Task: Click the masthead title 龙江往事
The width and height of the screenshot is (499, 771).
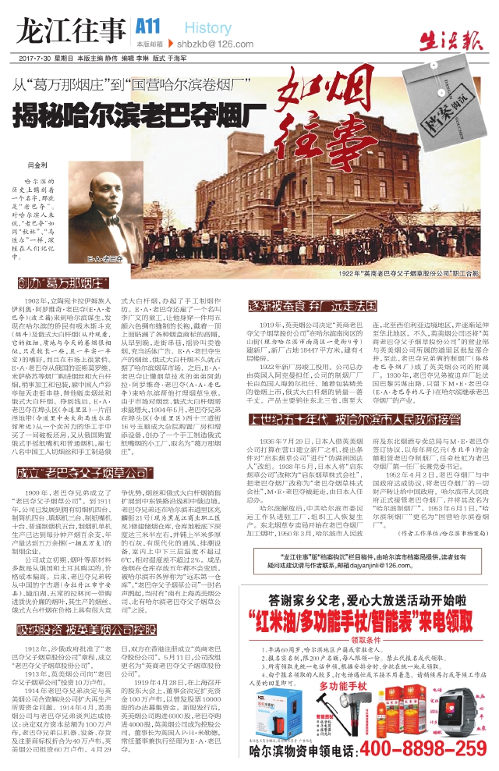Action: coord(69,30)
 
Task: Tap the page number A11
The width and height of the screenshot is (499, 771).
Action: coord(147,26)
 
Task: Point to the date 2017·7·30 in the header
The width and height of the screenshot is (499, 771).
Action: coord(30,59)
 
